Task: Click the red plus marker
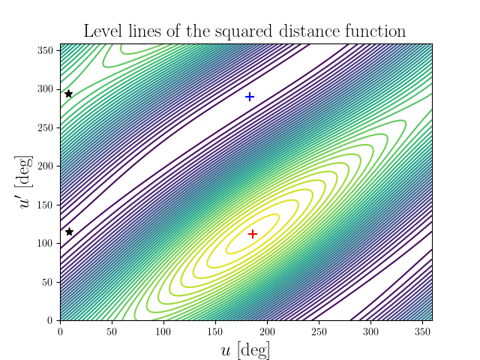coord(253,234)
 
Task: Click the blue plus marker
coord(250,97)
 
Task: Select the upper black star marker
coord(68,94)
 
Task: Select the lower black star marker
coord(69,232)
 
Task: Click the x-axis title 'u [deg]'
coord(246,349)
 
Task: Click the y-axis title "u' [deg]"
coord(28,182)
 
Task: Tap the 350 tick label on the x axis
coord(421,331)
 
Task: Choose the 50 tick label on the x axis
coord(112,331)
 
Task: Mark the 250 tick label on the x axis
coord(319,331)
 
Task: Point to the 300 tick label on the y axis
coord(46,88)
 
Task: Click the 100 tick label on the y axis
coord(46,243)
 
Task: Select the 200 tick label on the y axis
coord(46,166)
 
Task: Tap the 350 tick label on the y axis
coord(46,50)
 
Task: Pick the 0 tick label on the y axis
coord(51,320)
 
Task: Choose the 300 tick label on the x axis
coord(370,331)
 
